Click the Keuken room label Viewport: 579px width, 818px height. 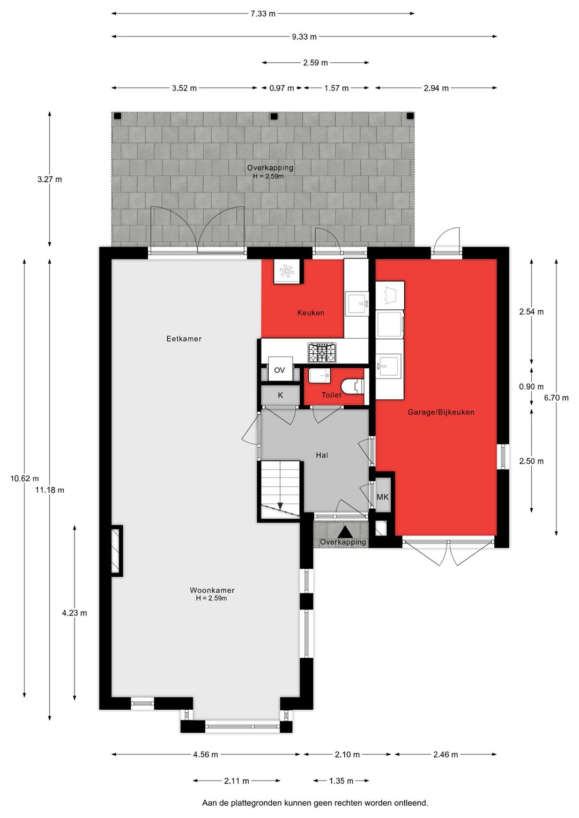(x=310, y=313)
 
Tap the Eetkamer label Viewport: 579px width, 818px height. (x=184, y=339)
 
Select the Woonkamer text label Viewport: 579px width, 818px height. (x=212, y=590)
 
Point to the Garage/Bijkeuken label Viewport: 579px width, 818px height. (x=441, y=412)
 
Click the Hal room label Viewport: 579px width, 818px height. (x=322, y=455)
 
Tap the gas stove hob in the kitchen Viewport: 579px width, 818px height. (x=322, y=352)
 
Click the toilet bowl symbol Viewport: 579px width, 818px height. (x=353, y=386)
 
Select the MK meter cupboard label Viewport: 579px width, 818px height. (x=382, y=497)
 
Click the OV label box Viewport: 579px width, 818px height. (x=279, y=370)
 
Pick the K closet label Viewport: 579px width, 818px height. (x=280, y=395)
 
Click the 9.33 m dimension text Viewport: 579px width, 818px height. (x=304, y=36)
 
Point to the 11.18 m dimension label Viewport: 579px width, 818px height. (x=50, y=490)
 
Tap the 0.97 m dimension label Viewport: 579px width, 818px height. (x=281, y=88)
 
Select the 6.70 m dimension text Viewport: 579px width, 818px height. (x=556, y=398)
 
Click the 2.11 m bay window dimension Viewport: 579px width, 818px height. (x=236, y=781)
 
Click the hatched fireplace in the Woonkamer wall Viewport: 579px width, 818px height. (x=116, y=551)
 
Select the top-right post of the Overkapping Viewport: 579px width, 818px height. (x=410, y=116)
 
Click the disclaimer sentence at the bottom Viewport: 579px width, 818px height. (x=315, y=803)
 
